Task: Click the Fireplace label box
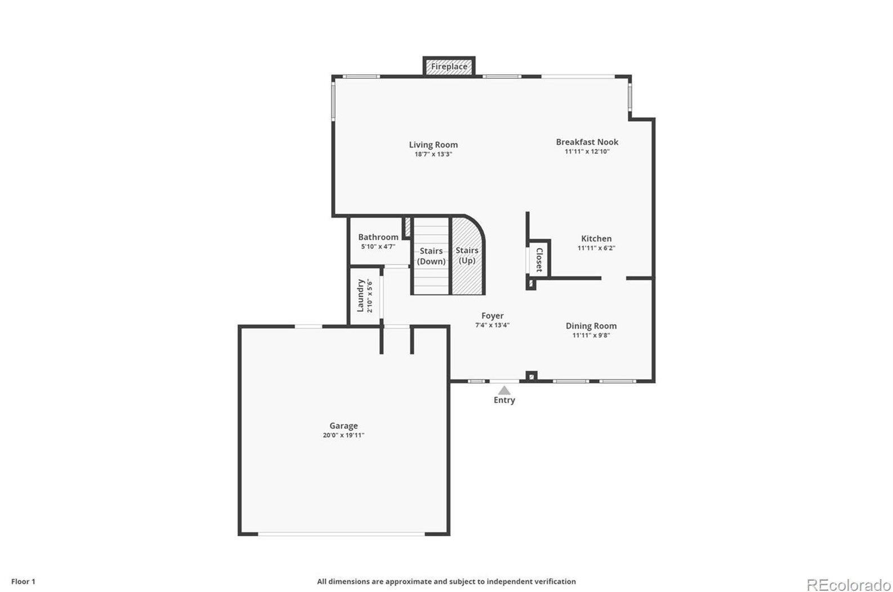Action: click(449, 66)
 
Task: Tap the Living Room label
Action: click(433, 145)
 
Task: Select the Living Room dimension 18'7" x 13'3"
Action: click(433, 154)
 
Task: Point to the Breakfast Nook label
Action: click(587, 142)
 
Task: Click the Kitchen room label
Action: click(596, 239)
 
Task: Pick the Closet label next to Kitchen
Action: click(539, 259)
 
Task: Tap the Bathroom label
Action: click(378, 237)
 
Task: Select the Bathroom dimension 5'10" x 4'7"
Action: click(378, 246)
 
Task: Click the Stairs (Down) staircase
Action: click(431, 256)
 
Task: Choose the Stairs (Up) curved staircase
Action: click(467, 255)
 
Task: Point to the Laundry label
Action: click(360, 296)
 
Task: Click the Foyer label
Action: click(492, 316)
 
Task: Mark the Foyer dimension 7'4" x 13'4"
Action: click(492, 325)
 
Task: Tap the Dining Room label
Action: click(591, 326)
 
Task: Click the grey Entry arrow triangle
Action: click(504, 391)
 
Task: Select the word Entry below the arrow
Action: click(504, 400)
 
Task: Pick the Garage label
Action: click(343, 426)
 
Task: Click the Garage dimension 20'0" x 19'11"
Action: click(343, 436)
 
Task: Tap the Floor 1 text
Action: click(23, 581)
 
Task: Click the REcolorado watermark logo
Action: click(849, 585)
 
